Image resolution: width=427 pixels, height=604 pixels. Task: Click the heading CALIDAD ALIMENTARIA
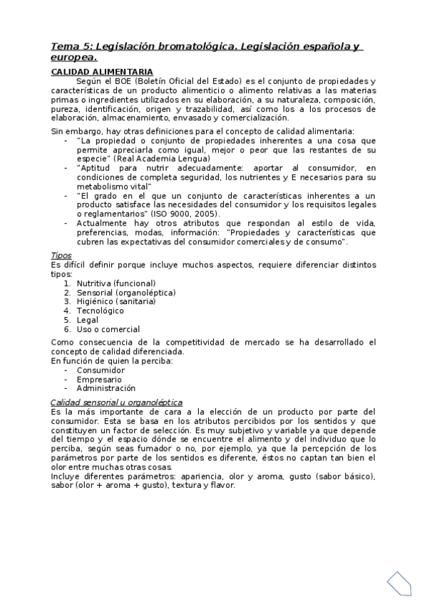101,72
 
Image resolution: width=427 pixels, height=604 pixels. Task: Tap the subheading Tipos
61,255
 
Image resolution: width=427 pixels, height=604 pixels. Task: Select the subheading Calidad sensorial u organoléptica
116,402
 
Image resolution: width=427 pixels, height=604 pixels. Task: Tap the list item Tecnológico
100,311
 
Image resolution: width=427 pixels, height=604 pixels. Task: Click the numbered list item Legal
88,320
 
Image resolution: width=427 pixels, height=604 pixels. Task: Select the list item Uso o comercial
108,329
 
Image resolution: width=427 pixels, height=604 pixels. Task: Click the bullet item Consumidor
101,370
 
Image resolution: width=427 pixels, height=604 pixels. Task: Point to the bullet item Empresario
98,380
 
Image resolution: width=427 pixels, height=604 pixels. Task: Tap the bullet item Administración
106,389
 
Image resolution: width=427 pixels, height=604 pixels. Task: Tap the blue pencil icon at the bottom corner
401,584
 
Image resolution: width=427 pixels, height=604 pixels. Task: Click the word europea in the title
71,57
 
